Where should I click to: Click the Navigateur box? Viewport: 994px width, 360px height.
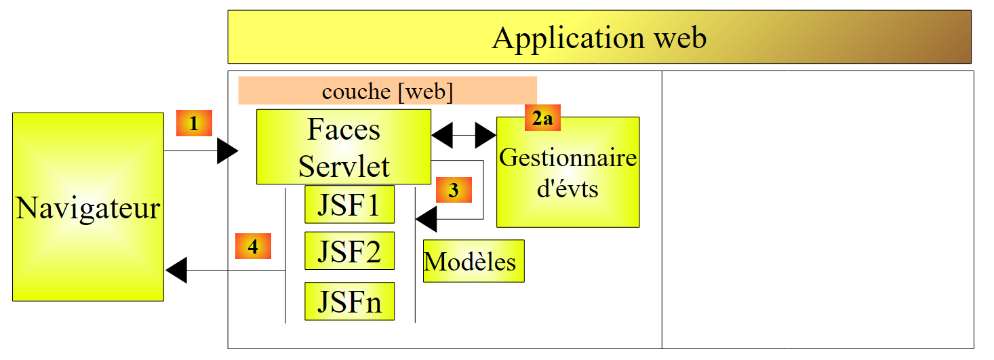pos(88,207)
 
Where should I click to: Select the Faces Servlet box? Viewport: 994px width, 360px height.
pos(344,146)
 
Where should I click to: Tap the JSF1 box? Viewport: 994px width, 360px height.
pos(349,203)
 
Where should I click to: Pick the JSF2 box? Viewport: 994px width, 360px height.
pos(349,251)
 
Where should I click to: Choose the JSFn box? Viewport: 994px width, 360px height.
pos(349,301)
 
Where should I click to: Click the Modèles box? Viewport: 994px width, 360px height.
pos(473,261)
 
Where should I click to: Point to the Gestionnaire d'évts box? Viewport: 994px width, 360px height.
pos(568,172)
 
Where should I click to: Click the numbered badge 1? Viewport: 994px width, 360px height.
pos(194,123)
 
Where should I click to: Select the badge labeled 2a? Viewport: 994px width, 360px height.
pos(542,118)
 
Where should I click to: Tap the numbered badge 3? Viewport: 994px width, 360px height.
pos(454,191)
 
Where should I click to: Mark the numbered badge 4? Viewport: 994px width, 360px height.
pos(253,246)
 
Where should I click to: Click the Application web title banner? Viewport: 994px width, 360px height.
pos(599,37)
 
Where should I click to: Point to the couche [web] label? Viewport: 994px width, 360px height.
pos(387,91)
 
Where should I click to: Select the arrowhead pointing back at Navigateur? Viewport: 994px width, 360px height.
pos(176,271)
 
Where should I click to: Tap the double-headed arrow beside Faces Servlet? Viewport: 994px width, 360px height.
pos(464,136)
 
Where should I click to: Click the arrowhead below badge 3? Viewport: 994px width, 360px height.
pos(426,219)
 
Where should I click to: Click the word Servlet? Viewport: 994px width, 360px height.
pos(344,166)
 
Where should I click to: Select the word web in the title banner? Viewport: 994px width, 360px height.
pos(680,38)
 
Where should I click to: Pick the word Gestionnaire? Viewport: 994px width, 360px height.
pos(568,158)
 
